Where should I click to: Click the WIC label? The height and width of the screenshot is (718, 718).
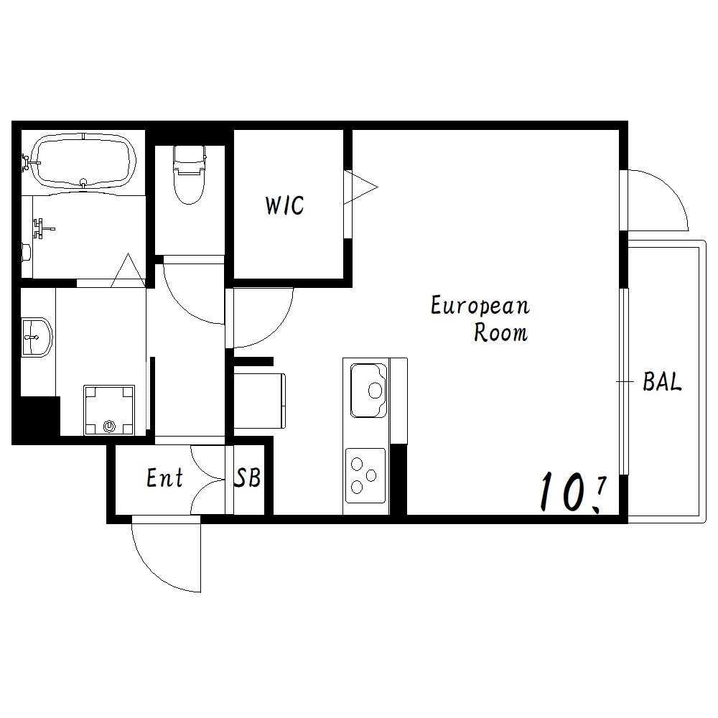[x=284, y=205]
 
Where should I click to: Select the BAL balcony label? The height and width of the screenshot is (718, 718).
[x=662, y=381]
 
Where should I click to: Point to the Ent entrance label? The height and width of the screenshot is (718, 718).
[x=165, y=477]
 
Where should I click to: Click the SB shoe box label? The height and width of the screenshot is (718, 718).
[x=248, y=477]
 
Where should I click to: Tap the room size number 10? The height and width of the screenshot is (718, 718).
[x=562, y=493]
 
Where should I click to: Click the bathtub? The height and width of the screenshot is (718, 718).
[x=84, y=160]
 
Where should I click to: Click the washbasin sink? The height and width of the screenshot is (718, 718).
[x=37, y=337]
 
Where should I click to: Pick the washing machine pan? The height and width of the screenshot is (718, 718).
[x=109, y=410]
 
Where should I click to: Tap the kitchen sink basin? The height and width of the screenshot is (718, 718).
[x=368, y=390]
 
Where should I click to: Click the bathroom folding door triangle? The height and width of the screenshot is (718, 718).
[x=129, y=270]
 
